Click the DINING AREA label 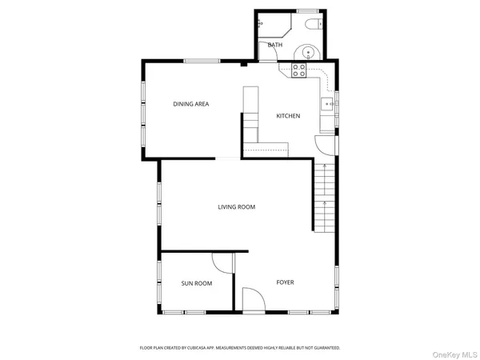191,104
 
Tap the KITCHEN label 288,116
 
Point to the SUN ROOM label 196,283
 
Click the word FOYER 285,282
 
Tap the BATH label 275,46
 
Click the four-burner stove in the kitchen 298,71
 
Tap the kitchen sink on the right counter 328,104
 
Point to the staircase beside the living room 325,196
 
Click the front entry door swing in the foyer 253,300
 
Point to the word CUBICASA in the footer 198,348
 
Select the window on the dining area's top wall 203,62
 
